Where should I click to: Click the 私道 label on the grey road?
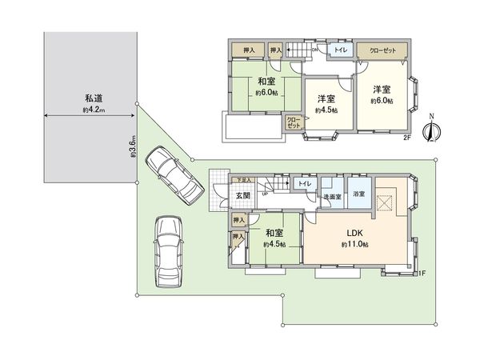(94, 98)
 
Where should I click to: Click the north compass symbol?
(433, 129)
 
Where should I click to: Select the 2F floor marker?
(406, 138)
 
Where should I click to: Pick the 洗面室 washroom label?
(332, 196)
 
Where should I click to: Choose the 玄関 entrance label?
(242, 196)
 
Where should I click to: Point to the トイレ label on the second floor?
(340, 50)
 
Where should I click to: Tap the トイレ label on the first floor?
(305, 184)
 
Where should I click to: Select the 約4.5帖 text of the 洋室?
(326, 110)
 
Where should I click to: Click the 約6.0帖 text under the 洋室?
(382, 102)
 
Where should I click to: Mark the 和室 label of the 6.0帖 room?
(266, 82)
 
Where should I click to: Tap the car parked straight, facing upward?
(167, 250)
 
